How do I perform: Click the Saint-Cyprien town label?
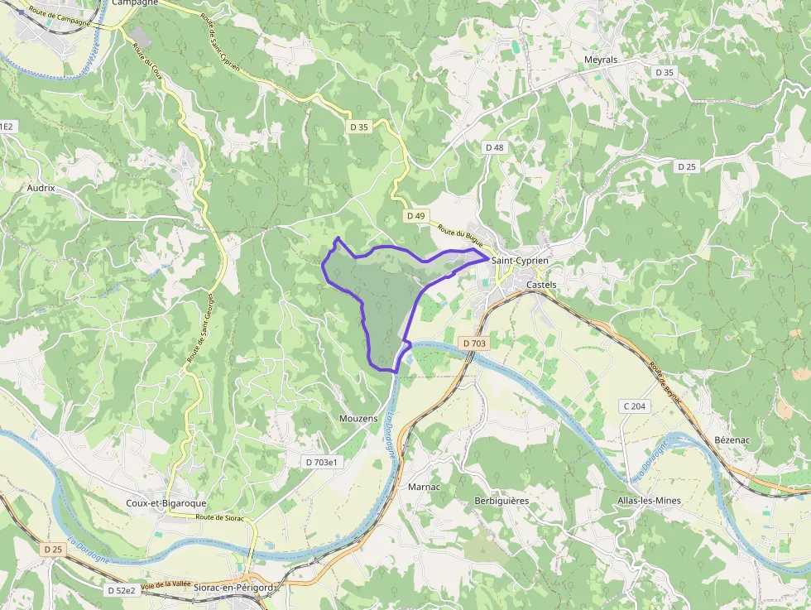520,261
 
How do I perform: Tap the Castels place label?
542,285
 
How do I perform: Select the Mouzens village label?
358,420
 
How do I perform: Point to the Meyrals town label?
601,60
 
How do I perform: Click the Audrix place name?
41,188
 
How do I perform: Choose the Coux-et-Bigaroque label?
166,503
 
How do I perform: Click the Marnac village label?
425,487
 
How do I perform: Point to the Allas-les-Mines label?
650,502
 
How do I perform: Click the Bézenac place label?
732,439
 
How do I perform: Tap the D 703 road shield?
474,343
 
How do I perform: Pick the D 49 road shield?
415,216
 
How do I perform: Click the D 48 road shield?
494,147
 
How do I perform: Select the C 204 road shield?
636,406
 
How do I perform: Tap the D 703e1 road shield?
322,462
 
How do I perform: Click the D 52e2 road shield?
121,591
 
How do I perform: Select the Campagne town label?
134,2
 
